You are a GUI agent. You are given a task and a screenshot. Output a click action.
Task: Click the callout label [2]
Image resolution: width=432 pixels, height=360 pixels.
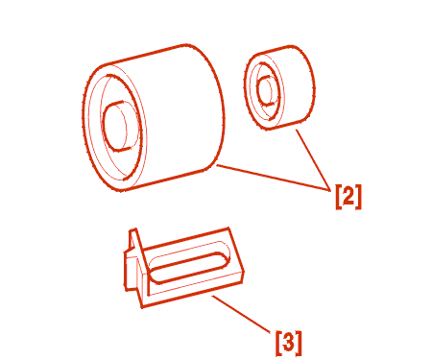(348, 197)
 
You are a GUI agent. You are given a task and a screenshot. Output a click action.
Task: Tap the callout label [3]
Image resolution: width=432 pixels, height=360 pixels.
(288, 343)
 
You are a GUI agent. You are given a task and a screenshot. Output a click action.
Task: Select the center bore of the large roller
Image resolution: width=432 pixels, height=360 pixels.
(117, 127)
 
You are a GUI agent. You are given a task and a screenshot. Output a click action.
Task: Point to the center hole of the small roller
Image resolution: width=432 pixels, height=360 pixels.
(265, 90)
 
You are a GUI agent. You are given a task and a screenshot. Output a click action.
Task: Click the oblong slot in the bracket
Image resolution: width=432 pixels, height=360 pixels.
(190, 268)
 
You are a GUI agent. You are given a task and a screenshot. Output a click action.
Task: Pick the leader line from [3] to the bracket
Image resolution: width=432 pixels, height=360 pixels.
(241, 314)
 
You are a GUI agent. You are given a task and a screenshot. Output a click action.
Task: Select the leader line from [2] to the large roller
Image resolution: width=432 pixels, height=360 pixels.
(274, 178)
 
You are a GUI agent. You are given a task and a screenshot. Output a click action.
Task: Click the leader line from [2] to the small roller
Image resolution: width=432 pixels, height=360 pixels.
(313, 160)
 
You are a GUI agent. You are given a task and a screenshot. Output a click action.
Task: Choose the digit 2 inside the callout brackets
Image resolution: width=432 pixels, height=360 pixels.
(348, 196)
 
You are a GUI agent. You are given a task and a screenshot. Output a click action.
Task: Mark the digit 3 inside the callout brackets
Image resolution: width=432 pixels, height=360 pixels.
(288, 343)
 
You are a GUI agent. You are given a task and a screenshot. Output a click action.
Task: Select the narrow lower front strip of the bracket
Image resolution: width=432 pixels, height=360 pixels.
(192, 292)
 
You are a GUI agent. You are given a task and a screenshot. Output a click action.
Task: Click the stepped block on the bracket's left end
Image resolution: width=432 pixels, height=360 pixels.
(131, 272)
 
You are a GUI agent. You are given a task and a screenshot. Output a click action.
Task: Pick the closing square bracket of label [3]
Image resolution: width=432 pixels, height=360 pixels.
(299, 343)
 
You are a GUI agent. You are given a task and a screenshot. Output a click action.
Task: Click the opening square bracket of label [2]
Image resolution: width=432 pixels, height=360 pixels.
(339, 197)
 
